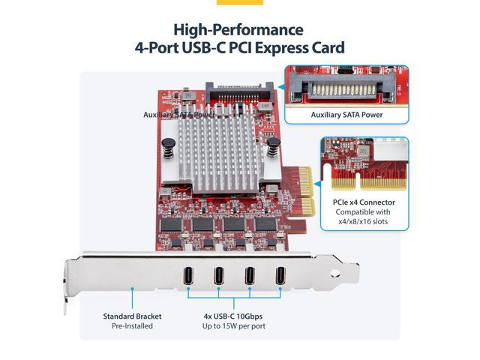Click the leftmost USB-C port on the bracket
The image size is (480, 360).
(x=187, y=276)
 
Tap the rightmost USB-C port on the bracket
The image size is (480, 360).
(x=280, y=275)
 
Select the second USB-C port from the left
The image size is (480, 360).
(x=218, y=276)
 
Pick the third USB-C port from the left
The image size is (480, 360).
(x=250, y=275)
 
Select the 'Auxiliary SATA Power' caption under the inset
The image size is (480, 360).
(x=346, y=115)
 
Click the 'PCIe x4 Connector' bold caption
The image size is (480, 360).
(x=363, y=202)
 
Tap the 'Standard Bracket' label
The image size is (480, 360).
(x=132, y=316)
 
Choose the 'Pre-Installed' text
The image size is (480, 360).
(x=132, y=326)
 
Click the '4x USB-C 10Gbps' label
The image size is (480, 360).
(x=234, y=316)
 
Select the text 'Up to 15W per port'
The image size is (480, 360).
(x=234, y=326)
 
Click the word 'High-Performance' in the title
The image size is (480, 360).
(x=238, y=30)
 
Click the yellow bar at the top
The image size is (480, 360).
(x=239, y=2)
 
